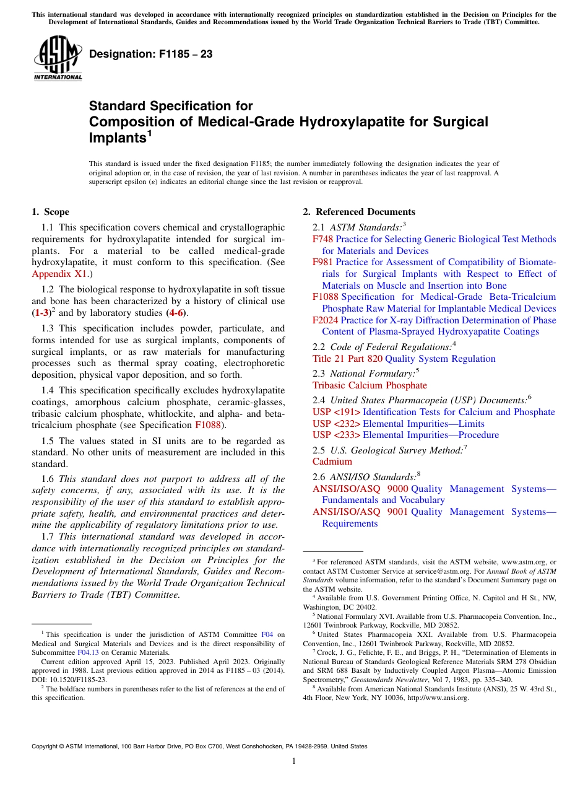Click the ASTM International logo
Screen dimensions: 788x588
tap(58, 59)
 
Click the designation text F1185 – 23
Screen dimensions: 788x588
tap(151, 55)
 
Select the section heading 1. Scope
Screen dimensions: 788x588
tap(50, 212)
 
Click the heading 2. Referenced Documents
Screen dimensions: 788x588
tap(359, 212)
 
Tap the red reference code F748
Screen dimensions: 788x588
tap(323, 239)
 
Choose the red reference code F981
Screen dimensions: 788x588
tap(323, 262)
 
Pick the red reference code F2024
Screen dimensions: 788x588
tap(326, 320)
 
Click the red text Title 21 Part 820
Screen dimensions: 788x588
tap(348, 359)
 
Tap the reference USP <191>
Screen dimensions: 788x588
tap(337, 412)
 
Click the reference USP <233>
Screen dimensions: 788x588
tap(337, 435)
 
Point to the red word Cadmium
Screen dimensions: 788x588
tap(332, 462)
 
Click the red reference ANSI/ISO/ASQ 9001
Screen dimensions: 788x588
tap(360, 512)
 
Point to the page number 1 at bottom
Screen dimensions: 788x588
tap(294, 762)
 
